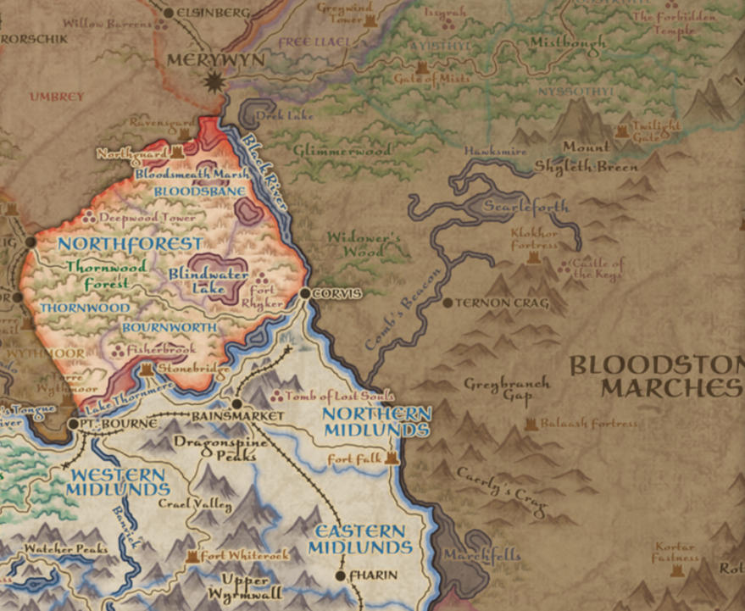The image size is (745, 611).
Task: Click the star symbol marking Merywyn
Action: click(214, 82)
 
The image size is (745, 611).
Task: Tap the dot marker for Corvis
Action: click(305, 293)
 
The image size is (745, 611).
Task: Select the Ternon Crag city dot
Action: click(448, 302)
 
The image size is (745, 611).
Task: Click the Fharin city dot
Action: click(341, 576)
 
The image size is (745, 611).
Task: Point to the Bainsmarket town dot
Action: click(236, 404)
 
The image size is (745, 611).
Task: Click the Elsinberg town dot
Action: click(168, 13)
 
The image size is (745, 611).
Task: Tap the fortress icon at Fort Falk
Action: click(392, 458)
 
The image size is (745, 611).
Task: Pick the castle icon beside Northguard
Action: click(178, 153)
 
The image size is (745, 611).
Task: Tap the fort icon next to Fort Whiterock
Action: click(192, 557)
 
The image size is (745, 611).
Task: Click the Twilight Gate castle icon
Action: click(622, 131)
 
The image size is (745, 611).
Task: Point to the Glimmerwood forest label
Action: click(342, 150)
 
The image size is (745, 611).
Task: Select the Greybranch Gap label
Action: click(507, 389)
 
